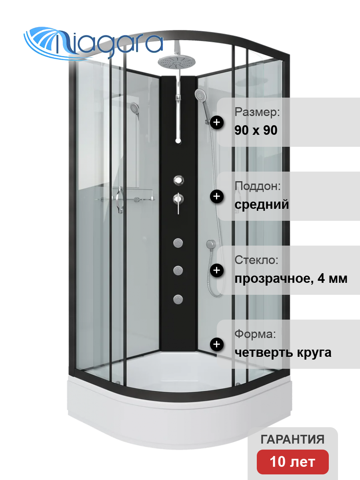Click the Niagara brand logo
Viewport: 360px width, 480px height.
(93, 43)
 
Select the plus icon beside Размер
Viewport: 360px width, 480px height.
(217, 122)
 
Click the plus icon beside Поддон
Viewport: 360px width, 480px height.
(217, 196)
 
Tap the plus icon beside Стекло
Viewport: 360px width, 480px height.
(217, 270)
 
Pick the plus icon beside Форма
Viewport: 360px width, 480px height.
(217, 344)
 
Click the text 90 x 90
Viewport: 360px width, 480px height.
(256, 130)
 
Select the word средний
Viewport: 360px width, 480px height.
(262, 205)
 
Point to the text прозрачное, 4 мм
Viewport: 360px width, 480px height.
(291, 278)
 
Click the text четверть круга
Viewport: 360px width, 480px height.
(283, 352)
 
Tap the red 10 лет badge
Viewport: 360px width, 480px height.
(293, 462)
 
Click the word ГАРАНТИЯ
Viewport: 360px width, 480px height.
(292, 439)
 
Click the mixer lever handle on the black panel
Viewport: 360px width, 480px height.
(178, 203)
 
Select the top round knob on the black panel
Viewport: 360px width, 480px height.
(178, 180)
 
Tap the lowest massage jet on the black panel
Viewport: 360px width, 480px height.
(178, 299)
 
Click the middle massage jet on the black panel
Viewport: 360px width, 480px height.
(178, 271)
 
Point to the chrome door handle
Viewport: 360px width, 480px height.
(119, 200)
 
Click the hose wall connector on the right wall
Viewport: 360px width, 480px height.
(211, 244)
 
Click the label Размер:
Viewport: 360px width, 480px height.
(257, 112)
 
